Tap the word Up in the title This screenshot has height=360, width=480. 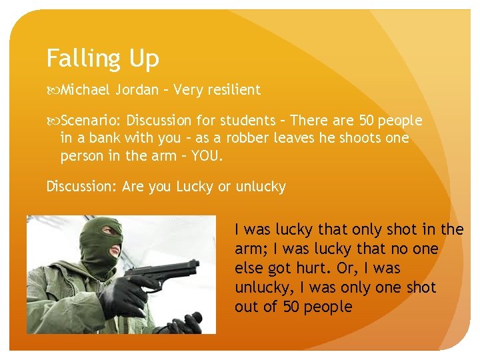point(144,59)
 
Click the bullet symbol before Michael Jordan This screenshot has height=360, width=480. point(52,89)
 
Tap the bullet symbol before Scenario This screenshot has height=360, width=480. point(52,121)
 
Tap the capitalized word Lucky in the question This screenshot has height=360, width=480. point(195,187)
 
